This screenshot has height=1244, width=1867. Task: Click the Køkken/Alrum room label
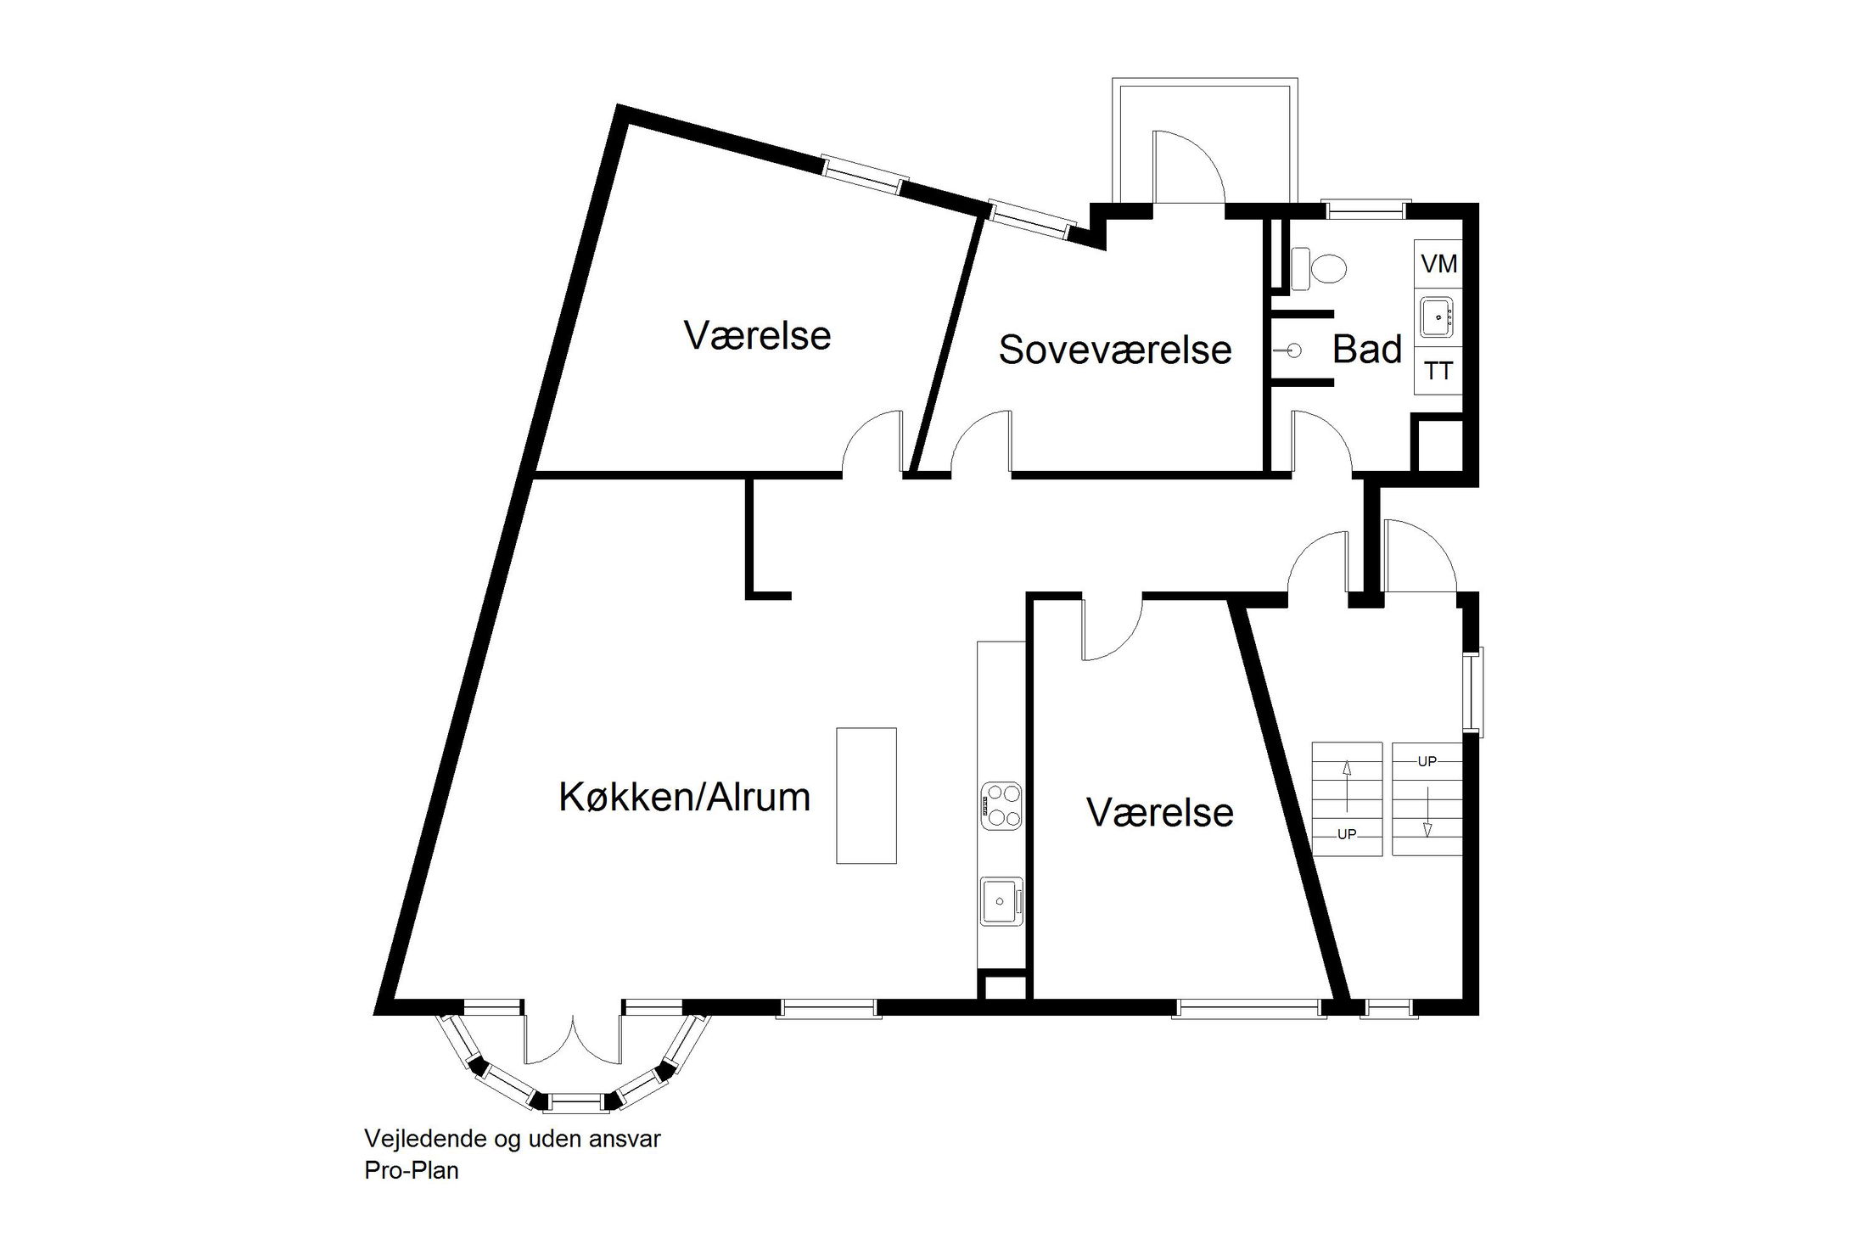click(x=684, y=798)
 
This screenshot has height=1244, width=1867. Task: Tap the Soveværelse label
click(x=1115, y=350)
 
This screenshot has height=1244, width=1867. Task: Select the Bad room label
click(x=1367, y=349)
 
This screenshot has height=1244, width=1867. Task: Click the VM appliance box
click(x=1438, y=264)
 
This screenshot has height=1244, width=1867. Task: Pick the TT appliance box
click(x=1438, y=370)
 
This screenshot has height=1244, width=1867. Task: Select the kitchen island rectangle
click(x=866, y=795)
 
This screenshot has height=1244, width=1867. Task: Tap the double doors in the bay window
click(x=574, y=1039)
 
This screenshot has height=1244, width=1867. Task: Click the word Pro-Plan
click(x=412, y=1170)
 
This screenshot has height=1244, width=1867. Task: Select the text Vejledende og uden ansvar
click(x=513, y=1139)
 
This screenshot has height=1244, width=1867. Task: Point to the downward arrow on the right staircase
click(x=1427, y=812)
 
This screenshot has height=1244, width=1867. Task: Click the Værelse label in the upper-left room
click(x=757, y=335)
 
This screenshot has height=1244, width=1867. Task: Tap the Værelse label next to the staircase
click(x=1160, y=812)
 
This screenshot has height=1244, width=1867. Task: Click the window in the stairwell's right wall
click(x=1477, y=690)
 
